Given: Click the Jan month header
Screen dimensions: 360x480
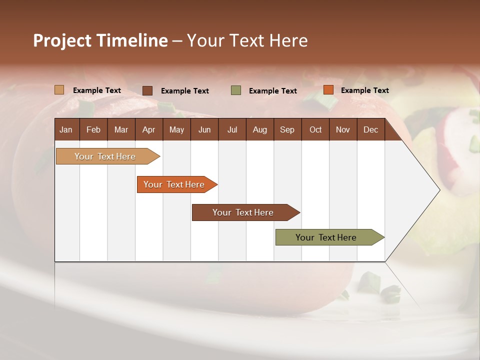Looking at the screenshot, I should [66, 129].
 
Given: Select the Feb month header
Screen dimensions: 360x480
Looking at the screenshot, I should [93, 129].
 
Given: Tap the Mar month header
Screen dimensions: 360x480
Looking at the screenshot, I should [121, 129].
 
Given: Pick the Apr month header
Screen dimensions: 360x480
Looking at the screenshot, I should [149, 129].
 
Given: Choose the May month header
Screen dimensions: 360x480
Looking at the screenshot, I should [176, 129].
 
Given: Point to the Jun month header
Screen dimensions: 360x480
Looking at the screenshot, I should [204, 129].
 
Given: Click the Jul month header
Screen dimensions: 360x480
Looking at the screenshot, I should [232, 129].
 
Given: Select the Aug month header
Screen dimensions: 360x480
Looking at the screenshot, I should [260, 129].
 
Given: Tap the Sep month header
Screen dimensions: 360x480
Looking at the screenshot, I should [287, 129].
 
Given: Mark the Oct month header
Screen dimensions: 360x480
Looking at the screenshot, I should [315, 129].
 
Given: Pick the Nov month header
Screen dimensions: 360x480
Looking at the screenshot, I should [343, 129].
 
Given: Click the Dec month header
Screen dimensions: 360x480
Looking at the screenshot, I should [371, 129].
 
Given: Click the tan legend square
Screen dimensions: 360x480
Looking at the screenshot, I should [59, 90].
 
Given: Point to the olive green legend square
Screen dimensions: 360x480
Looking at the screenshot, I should [236, 90].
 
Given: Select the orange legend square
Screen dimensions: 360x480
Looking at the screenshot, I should [328, 90].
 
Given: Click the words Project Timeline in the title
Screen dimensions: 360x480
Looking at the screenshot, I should [100, 40].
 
